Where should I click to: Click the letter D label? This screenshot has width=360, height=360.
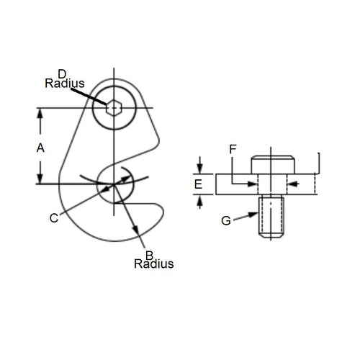click(62, 73)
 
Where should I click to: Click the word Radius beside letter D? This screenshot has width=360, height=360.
click(65, 84)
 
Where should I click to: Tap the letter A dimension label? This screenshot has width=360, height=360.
click(40, 148)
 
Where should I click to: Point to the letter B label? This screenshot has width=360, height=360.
click(149, 254)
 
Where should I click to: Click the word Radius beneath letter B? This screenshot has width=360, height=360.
click(154, 264)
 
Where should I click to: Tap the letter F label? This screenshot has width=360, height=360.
click(232, 149)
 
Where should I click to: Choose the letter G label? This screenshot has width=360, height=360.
click(226, 220)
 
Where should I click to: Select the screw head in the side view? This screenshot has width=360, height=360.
click(273, 164)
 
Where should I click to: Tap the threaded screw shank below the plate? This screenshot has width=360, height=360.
click(272, 217)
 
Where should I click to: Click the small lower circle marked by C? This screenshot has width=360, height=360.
click(114, 184)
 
